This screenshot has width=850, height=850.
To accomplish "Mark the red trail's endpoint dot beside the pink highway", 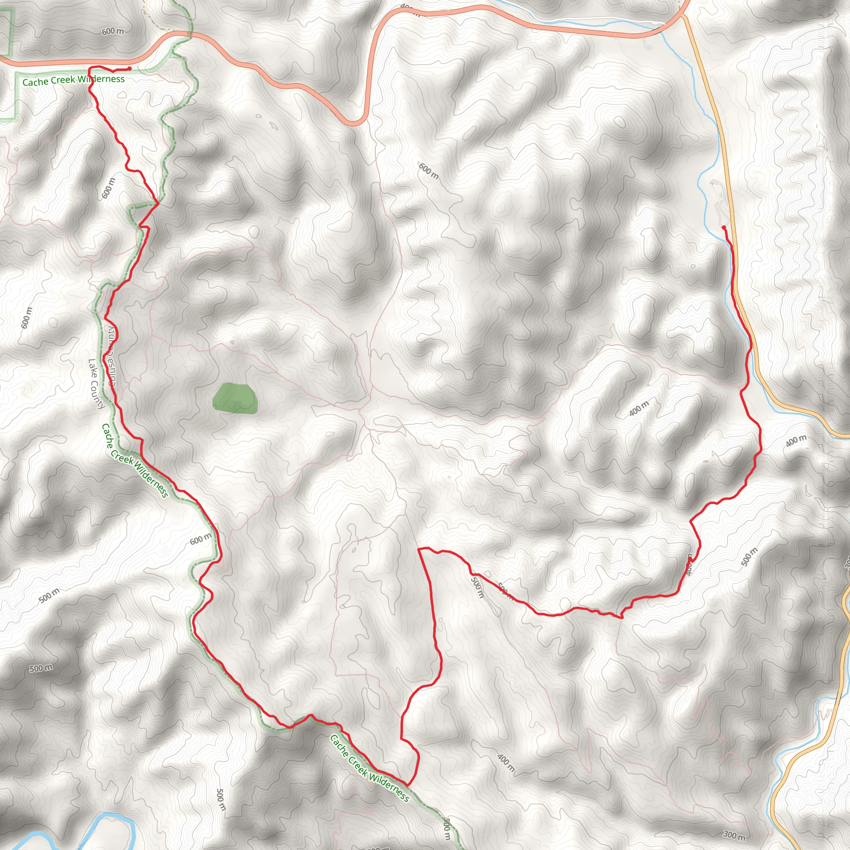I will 129,68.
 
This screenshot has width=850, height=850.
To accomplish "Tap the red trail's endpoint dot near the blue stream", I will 724,227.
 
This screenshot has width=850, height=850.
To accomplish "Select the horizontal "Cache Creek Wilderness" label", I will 73,80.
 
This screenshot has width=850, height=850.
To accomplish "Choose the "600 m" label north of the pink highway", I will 112,32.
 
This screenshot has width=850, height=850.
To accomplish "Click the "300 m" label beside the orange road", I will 734,835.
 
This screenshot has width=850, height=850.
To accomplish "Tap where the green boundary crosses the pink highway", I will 190,34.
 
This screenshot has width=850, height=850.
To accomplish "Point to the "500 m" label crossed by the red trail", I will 506,592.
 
